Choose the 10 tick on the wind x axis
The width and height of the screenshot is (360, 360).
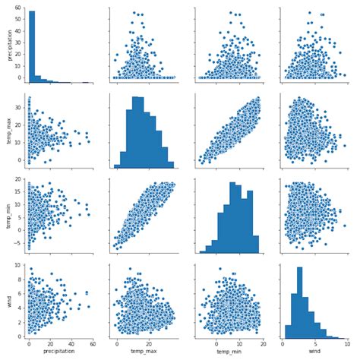pos(346,343)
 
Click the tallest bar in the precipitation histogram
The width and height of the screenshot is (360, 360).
pos(31,46)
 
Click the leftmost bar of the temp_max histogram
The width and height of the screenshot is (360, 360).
pos(117,166)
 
